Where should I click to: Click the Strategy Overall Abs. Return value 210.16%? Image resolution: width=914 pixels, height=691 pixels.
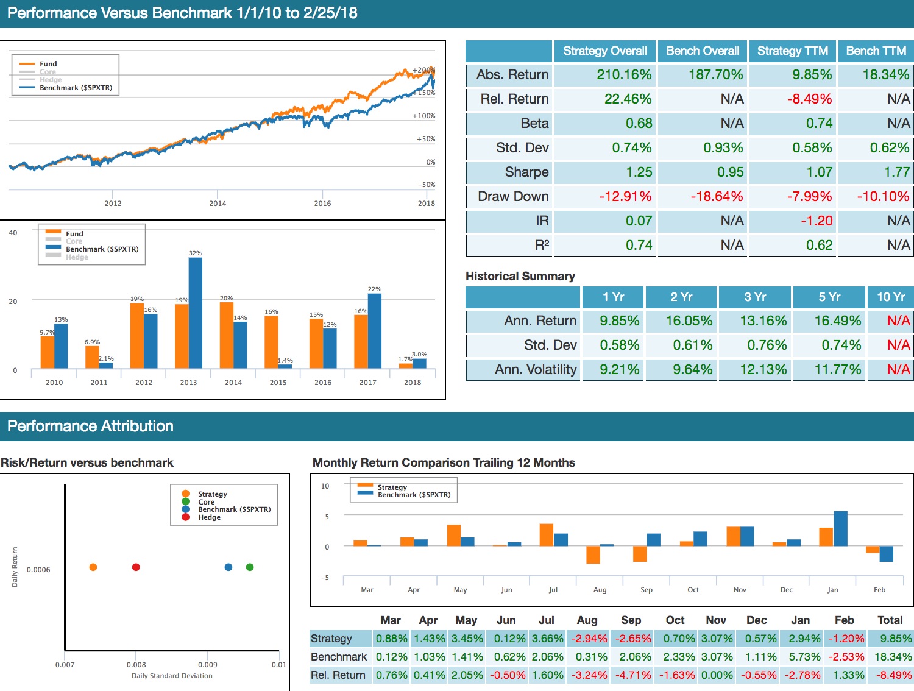[624, 75]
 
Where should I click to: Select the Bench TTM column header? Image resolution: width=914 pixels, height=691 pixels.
[876, 51]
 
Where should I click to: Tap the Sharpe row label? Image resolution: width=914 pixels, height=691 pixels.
[526, 172]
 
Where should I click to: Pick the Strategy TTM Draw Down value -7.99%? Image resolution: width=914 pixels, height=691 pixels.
[809, 197]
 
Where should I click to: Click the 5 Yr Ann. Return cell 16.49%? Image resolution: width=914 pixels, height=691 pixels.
[838, 321]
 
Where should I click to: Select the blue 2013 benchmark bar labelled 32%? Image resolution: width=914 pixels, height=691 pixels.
[196, 313]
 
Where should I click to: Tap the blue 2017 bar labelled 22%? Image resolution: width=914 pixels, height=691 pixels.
[375, 331]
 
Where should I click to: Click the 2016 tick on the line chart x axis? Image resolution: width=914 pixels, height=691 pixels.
[322, 204]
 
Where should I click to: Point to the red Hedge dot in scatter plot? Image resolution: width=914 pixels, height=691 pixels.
[136, 567]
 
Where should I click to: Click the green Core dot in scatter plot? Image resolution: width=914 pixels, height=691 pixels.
[250, 567]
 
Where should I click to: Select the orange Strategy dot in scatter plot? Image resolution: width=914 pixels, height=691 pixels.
[93, 567]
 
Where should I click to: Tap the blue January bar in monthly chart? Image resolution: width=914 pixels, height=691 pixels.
[840, 529]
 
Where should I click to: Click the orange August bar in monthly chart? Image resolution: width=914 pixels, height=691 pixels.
[593, 555]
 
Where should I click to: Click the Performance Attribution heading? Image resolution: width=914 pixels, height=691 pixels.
[90, 427]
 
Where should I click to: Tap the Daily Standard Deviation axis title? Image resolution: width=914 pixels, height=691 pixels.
[172, 676]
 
